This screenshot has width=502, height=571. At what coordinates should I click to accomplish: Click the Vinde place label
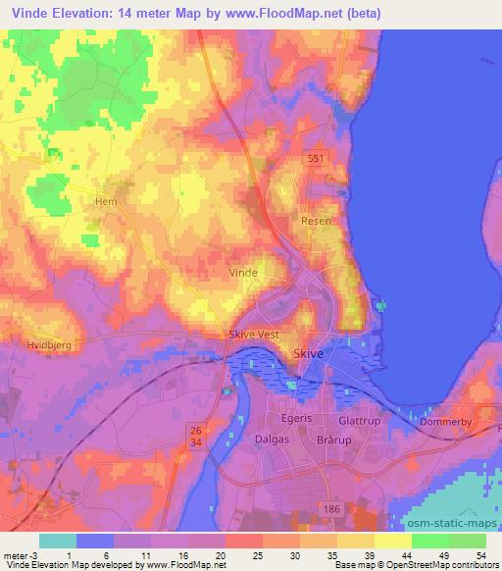point(242,272)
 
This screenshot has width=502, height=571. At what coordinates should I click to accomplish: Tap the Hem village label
point(105,201)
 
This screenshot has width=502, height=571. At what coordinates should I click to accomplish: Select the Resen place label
point(316,222)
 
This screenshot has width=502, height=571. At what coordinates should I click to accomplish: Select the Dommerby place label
point(446,422)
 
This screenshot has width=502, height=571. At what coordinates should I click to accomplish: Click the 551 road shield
point(314,159)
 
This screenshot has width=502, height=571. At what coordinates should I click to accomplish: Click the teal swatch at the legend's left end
point(58,541)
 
